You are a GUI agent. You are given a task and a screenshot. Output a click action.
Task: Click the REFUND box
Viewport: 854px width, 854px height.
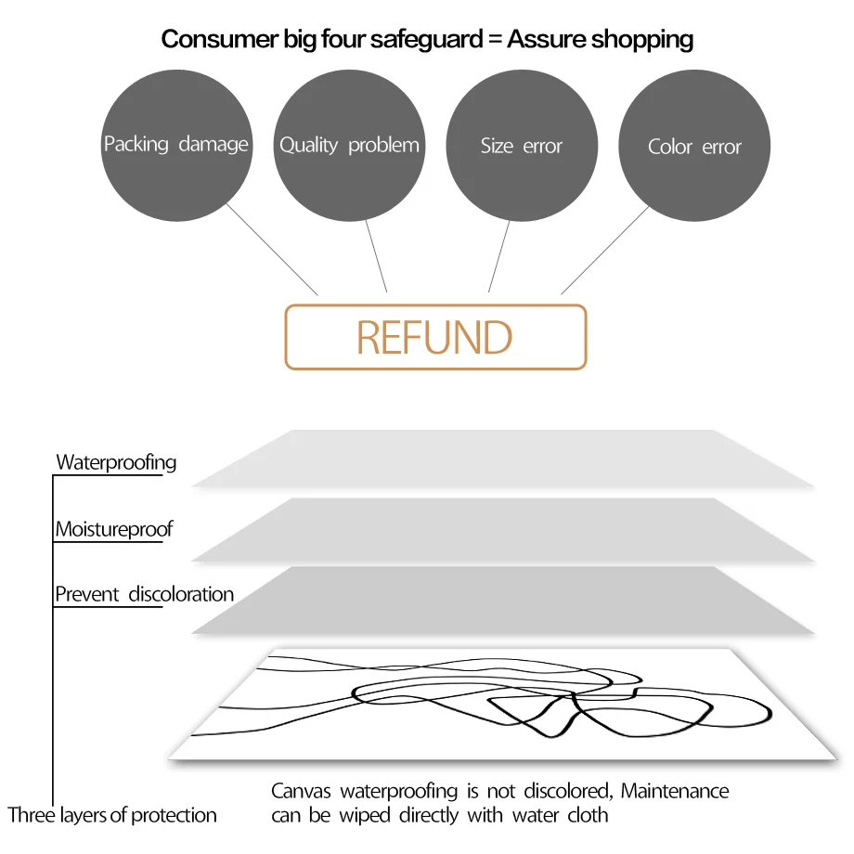coord(435,337)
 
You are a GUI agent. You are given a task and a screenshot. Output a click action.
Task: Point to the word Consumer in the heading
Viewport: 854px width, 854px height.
coord(210,39)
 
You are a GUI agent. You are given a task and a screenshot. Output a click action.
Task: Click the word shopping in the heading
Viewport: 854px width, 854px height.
coord(642,39)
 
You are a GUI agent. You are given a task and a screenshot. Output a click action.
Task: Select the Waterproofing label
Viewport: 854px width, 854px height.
coord(116,461)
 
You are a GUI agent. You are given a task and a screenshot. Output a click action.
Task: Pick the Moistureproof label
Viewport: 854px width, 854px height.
coord(113,529)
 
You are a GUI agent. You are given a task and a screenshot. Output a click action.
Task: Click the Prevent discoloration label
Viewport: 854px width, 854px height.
coord(144,594)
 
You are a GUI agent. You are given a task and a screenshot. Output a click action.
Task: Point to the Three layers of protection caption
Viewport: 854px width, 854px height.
coord(112,815)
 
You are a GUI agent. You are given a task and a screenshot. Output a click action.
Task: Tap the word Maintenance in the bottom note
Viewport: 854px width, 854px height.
coord(675,791)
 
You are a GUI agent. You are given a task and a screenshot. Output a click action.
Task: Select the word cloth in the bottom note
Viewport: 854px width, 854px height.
coord(588,815)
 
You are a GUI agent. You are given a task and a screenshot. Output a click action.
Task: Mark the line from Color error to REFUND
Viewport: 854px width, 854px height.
coord(605,249)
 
